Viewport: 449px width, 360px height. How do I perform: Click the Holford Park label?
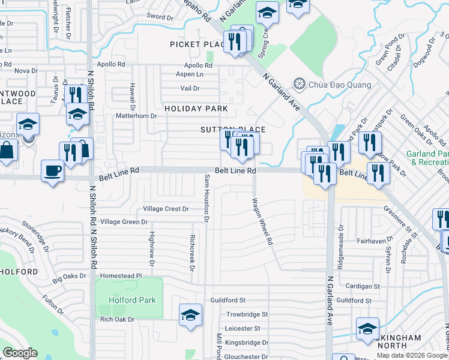(132, 300)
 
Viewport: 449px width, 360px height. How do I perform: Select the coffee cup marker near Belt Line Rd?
(52, 170)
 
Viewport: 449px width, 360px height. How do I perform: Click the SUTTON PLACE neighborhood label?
(233, 130)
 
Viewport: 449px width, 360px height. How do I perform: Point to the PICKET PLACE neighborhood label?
(197, 44)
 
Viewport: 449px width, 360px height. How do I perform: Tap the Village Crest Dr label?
(166, 209)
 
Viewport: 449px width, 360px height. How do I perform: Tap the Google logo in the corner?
(20, 353)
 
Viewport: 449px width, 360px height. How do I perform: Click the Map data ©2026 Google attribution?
(411, 355)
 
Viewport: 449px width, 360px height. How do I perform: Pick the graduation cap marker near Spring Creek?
(267, 13)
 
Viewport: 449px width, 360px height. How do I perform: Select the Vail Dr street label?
(190, 88)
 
